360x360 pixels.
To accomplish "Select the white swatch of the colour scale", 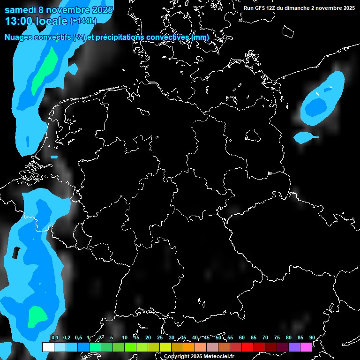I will coord(48,347).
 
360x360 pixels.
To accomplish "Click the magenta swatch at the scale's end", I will coord(306,347).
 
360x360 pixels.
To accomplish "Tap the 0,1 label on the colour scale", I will coord(54,338).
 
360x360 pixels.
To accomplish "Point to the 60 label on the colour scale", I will coord(241,338).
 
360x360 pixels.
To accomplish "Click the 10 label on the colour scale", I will coord(124,338).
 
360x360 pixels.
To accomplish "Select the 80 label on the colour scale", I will coord(288,338).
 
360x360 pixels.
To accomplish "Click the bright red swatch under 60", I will coord(247,347).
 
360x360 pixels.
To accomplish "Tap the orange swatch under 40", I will coord(189,347).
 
